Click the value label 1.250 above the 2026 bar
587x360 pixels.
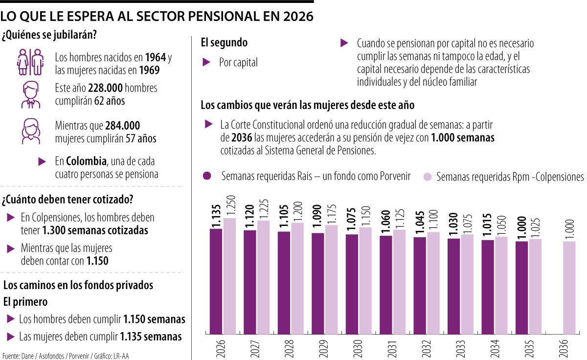coord(230,206)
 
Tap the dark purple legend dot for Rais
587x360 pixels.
coord(207,176)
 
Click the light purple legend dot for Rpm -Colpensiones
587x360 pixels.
coord(428,176)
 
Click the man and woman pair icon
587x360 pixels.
coord(30,62)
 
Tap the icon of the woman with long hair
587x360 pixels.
coord(30,131)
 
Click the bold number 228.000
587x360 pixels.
coord(106,89)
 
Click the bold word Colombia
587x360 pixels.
coord(86,161)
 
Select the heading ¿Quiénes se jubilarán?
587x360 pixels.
coord(48,35)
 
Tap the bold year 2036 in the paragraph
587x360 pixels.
coord(242,138)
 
